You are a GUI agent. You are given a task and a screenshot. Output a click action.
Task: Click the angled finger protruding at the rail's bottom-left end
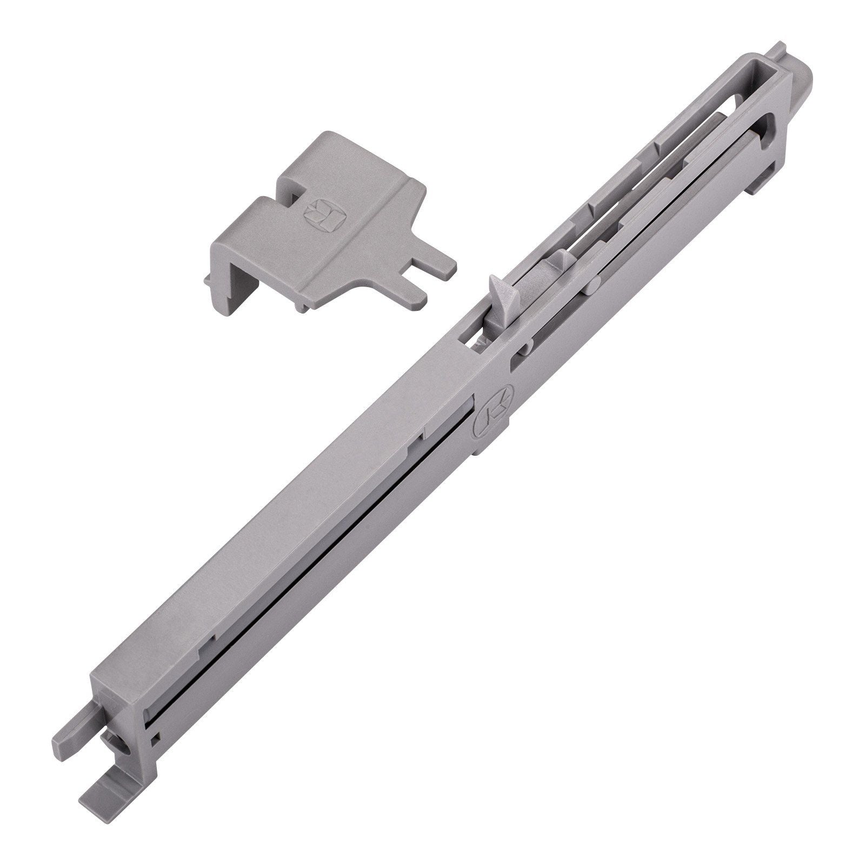coord(70,743)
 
